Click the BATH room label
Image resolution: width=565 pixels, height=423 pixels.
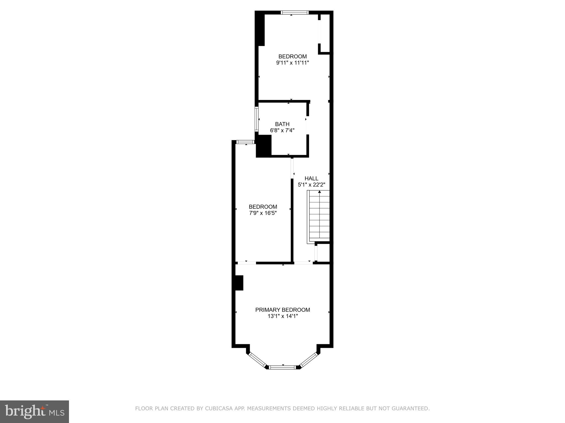[282, 124]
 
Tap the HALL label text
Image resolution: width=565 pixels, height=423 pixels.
[311, 178]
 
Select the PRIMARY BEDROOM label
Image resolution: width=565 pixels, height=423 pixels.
[282, 310]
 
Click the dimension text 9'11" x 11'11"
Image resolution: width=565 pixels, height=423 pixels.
[292, 63]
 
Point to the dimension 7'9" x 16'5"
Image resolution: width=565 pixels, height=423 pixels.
[263, 213]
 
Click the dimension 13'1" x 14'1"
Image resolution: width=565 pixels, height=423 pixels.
[282, 316]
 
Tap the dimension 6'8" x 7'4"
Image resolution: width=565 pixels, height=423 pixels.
[282, 131]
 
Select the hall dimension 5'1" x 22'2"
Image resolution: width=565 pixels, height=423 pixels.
[311, 185]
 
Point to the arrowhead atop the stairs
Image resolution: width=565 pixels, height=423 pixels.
[319, 192]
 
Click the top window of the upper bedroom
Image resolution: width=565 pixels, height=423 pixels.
[294, 12]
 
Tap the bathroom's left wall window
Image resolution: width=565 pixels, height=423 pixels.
[256, 119]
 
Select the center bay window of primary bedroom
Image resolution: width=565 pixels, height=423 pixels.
[282, 367]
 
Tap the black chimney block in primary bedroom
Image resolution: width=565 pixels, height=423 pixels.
[239, 283]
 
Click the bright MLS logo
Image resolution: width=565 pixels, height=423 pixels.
[34, 411]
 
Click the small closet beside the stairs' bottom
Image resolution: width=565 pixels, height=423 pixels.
[323, 253]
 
